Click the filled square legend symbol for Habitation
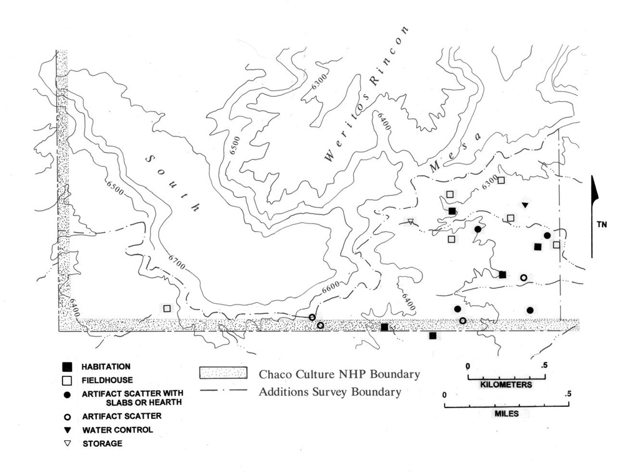(67, 367)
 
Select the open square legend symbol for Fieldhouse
(67, 380)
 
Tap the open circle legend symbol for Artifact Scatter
(67, 416)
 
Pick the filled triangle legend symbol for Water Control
(67, 430)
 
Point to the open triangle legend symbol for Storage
(67, 443)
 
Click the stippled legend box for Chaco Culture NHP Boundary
(223, 373)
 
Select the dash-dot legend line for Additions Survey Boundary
(223, 391)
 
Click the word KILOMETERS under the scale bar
(506, 384)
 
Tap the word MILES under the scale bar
(507, 413)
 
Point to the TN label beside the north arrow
(602, 224)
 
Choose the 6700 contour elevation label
(177, 261)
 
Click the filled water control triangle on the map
(525, 205)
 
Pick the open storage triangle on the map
(411, 222)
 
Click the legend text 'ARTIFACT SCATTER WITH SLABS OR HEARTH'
(132, 398)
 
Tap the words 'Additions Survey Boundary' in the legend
(330, 392)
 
